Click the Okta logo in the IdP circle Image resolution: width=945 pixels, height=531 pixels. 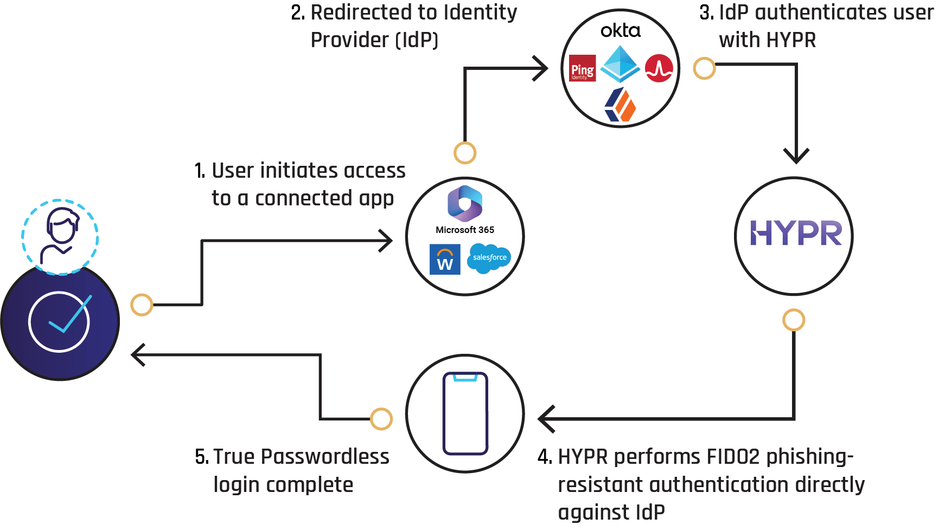point(621,30)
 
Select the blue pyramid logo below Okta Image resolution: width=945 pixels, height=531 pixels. point(620,64)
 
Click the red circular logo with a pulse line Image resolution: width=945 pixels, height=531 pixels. point(659,68)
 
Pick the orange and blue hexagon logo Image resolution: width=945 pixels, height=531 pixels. point(620,105)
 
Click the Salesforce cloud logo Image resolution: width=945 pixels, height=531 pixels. point(489,258)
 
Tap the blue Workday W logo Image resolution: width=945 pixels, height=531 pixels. point(445,260)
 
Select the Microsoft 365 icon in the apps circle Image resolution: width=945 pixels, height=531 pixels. point(465,204)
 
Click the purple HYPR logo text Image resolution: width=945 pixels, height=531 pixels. point(796,234)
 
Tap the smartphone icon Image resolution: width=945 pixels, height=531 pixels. point(465,413)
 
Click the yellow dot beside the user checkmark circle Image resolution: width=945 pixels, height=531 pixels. point(142,305)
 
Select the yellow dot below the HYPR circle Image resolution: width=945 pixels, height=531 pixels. point(794,320)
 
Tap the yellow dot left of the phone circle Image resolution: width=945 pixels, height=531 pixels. point(381,419)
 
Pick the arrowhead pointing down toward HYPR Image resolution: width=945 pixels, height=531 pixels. point(796,156)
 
